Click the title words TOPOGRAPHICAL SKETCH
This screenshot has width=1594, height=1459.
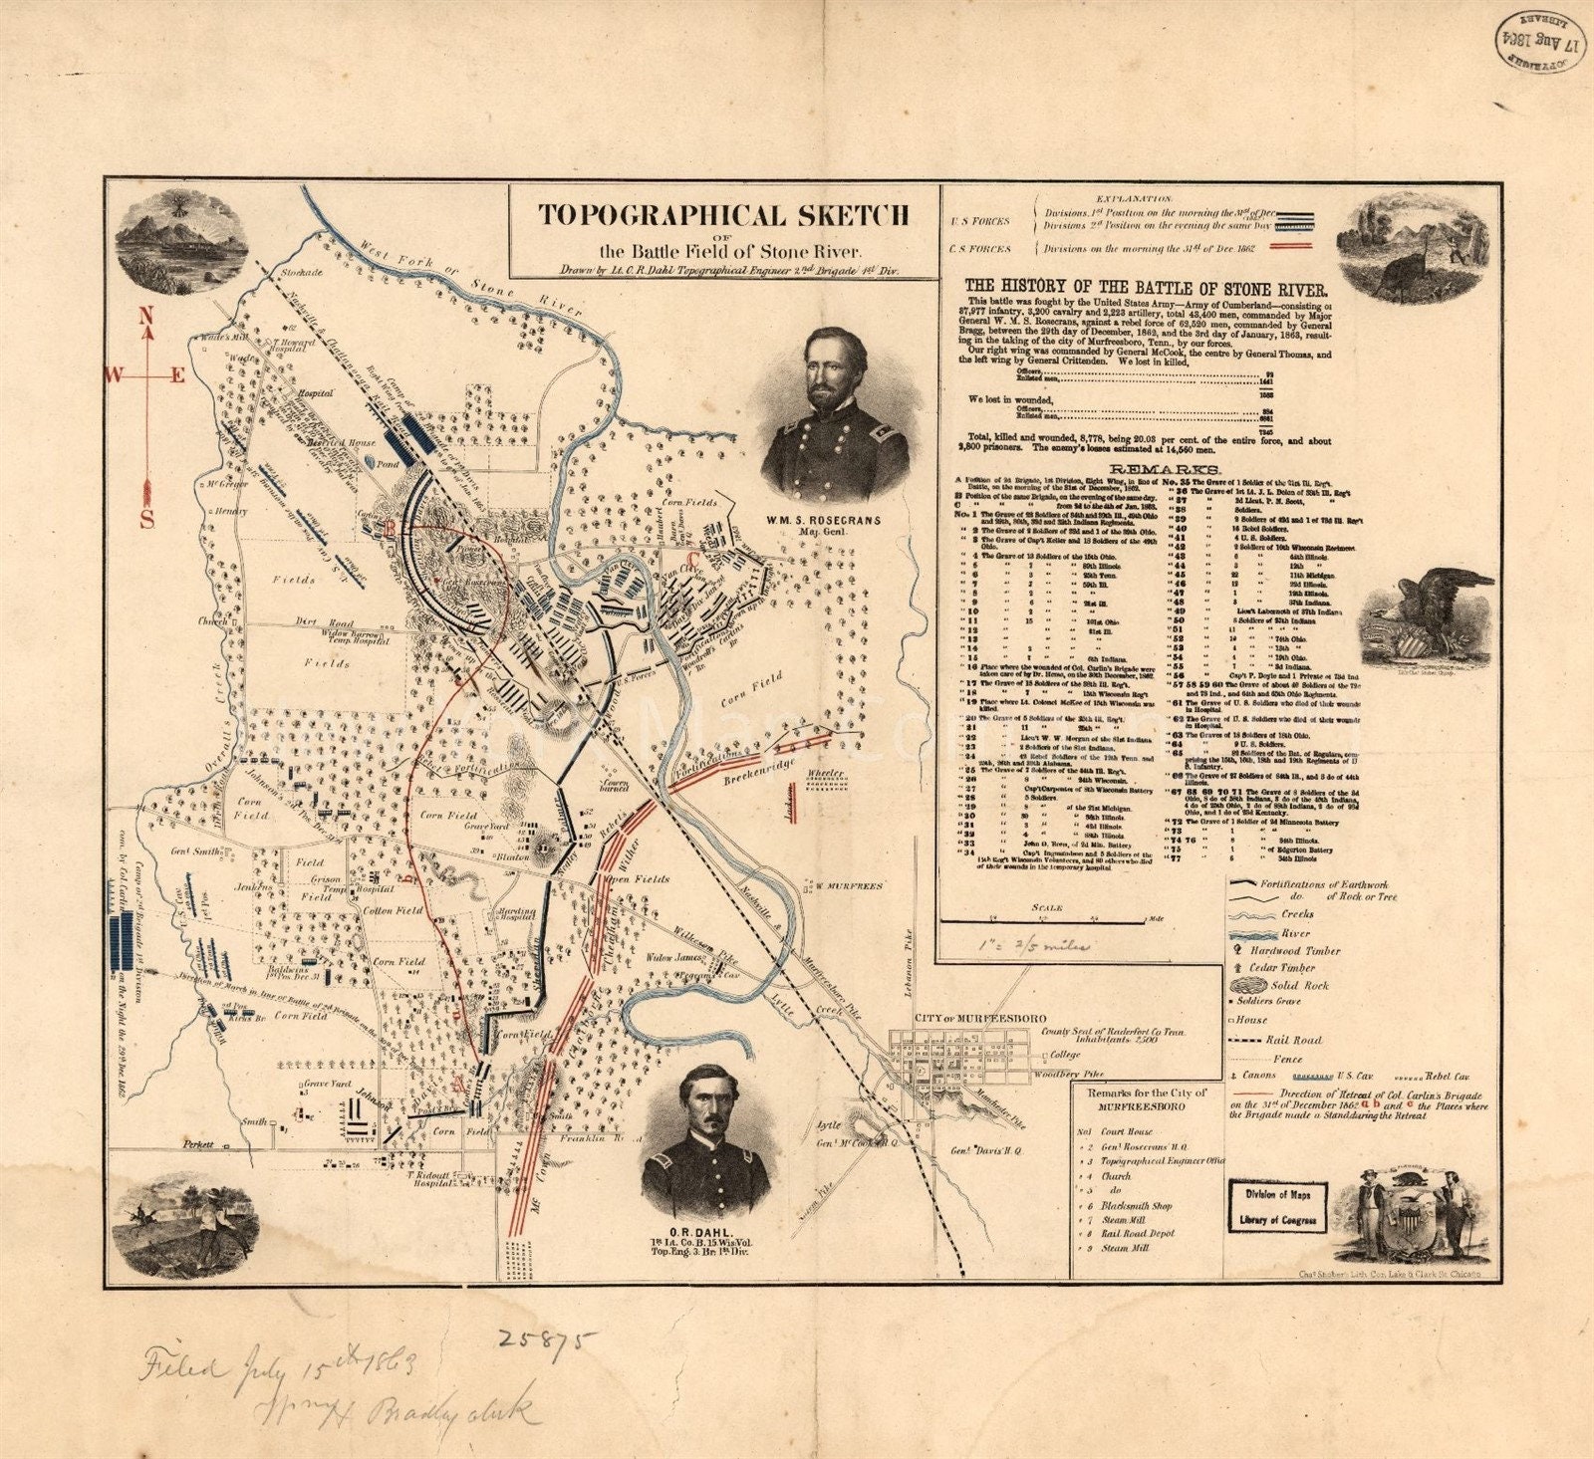pyautogui.click(x=723, y=215)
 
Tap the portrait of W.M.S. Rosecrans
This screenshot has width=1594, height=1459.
pyautogui.click(x=835, y=415)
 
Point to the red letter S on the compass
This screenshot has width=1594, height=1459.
pyautogui.click(x=146, y=519)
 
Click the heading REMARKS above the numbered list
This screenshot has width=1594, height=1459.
pyautogui.click(x=1151, y=468)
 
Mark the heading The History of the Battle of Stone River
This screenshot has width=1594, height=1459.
pyautogui.click(x=1145, y=288)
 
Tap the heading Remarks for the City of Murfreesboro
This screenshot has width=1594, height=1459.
pyautogui.click(x=1143, y=1099)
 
